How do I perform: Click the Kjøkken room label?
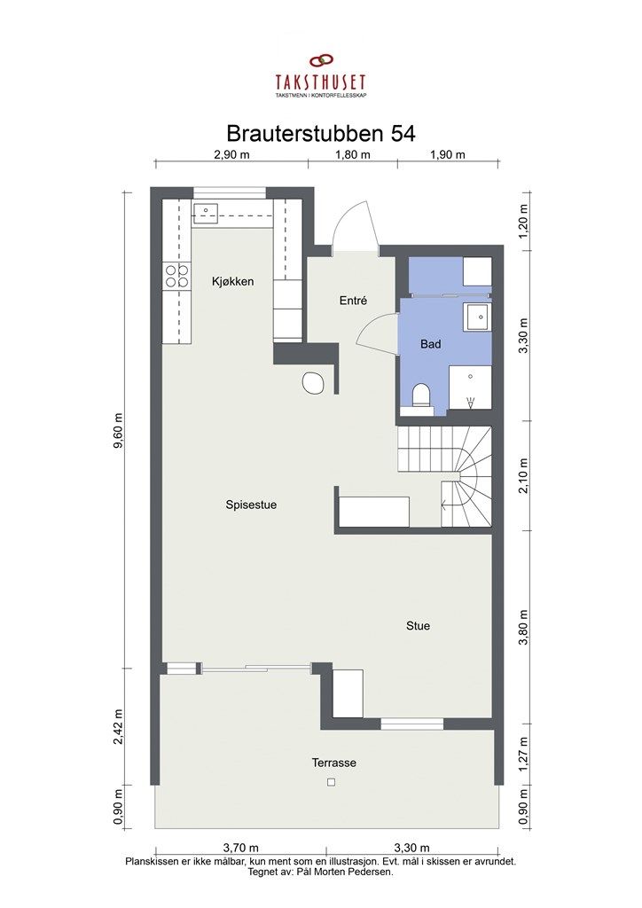(232, 282)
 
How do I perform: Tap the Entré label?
(353, 301)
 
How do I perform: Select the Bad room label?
(431, 344)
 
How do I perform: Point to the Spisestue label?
(251, 505)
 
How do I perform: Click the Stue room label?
(418, 626)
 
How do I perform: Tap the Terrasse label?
(334, 763)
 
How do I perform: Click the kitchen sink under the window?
(205, 214)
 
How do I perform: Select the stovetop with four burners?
(177, 277)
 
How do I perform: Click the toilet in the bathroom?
(422, 397)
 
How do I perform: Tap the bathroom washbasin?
(478, 317)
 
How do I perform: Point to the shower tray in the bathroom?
(470, 387)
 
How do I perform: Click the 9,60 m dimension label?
(119, 430)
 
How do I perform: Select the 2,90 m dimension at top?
(231, 154)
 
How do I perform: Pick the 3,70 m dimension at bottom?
(241, 849)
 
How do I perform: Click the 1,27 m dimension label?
(524, 754)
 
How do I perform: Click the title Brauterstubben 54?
(321, 134)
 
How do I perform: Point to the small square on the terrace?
(331, 782)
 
